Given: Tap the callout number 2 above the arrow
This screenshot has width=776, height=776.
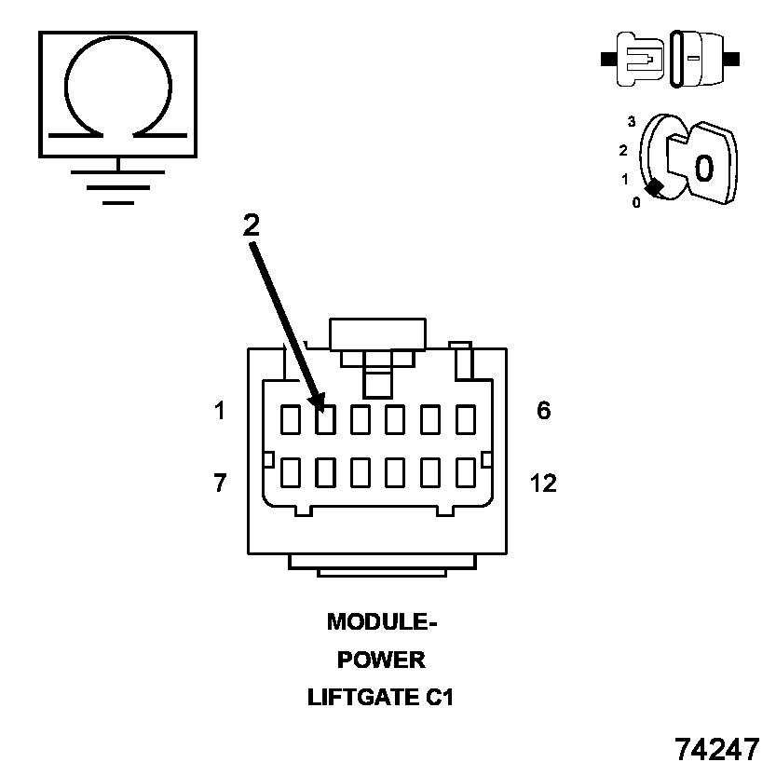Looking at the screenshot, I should click(x=251, y=225).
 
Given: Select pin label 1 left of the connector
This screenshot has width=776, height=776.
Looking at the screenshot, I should click(x=220, y=410).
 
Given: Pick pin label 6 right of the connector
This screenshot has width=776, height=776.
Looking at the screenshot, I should click(x=544, y=410).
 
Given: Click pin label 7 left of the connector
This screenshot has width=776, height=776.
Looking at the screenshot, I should click(x=220, y=483).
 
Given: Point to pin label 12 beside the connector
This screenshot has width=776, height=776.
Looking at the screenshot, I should click(x=543, y=483).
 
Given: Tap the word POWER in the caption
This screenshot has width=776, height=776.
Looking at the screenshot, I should click(x=381, y=660).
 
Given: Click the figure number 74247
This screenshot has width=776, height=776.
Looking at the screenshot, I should click(x=717, y=749).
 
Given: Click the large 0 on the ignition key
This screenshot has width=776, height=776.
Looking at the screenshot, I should click(x=704, y=168).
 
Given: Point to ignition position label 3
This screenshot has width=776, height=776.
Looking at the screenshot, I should click(x=631, y=122).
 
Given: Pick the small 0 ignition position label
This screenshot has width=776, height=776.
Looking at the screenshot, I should click(x=636, y=202).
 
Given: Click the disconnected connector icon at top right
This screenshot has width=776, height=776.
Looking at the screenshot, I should click(x=671, y=58).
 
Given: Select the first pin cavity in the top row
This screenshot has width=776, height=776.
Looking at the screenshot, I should click(x=290, y=420).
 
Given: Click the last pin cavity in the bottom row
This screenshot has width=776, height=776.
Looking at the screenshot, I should click(x=466, y=472).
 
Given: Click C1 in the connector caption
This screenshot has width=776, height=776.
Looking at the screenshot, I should click(x=435, y=697).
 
